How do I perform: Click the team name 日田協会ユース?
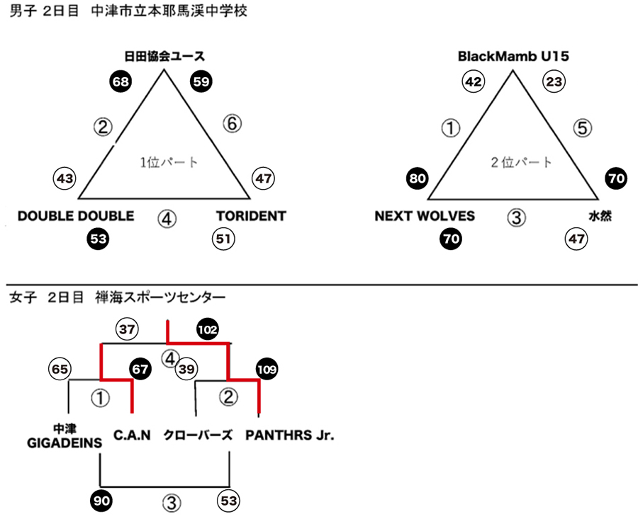164,56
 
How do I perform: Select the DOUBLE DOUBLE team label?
76,216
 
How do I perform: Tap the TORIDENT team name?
251,216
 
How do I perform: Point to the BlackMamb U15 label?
513,56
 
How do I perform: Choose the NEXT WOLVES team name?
425,216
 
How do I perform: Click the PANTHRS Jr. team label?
290,435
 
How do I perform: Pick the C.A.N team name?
132,435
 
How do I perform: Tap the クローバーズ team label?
198,435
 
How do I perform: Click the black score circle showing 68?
121,81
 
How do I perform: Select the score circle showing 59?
201,81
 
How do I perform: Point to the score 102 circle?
208,329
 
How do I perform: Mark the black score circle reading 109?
267,369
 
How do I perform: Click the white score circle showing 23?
554,81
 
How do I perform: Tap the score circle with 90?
101,501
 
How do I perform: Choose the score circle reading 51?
223,239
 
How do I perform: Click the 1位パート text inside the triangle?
169,163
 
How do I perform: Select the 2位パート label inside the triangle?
521,163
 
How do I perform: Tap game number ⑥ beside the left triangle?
233,123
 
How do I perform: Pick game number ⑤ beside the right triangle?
582,128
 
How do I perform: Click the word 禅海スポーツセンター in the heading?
160,297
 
